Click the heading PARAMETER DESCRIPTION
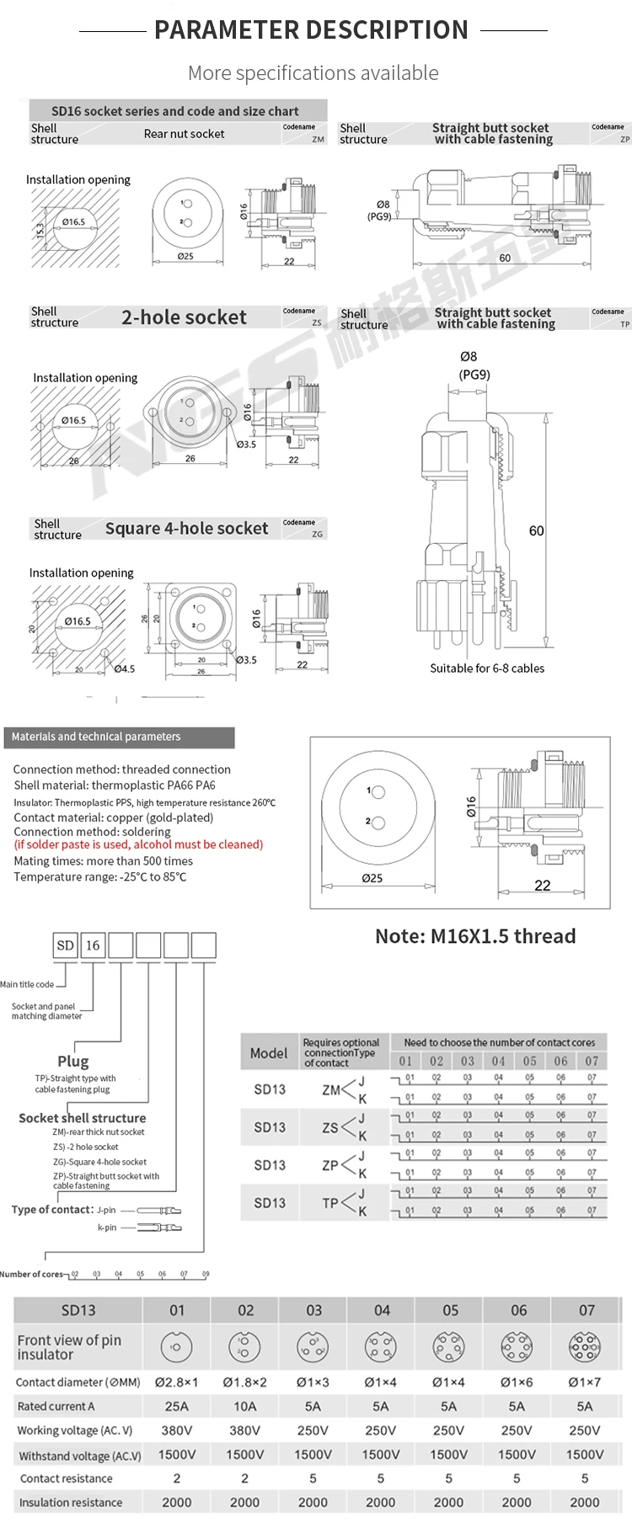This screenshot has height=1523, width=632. [x=311, y=30]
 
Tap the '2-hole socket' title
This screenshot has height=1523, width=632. [x=184, y=317]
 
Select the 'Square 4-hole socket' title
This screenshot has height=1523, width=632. [x=186, y=529]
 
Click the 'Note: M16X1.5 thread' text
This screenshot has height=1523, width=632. [x=475, y=936]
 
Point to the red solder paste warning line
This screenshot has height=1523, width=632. [x=138, y=844]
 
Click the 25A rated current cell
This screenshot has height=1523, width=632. [x=177, y=1406]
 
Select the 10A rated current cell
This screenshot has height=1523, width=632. [x=245, y=1406]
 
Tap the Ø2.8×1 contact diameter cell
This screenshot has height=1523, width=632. [x=177, y=1382]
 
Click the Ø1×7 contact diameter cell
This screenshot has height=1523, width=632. [x=585, y=1382]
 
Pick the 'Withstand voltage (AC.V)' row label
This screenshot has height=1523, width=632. [x=79, y=1456]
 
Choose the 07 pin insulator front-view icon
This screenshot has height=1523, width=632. [x=585, y=1348]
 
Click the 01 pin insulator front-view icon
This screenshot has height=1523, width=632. [x=176, y=1348]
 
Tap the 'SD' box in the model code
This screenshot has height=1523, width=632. [x=66, y=945]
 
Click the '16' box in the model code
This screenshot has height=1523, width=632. [x=93, y=945]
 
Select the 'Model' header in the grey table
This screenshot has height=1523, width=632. [x=269, y=1052]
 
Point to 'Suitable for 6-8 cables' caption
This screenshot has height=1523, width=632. [x=487, y=668]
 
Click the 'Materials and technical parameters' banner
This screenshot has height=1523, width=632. [x=96, y=737]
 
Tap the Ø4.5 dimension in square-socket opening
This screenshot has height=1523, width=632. [x=125, y=669]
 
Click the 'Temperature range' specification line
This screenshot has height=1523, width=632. [x=100, y=876]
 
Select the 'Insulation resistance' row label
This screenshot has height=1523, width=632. [x=71, y=1502]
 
